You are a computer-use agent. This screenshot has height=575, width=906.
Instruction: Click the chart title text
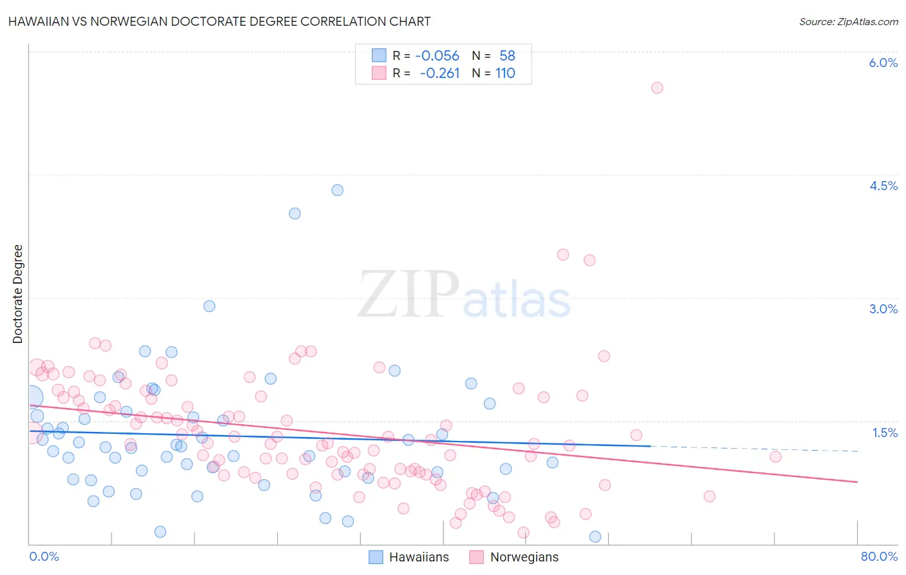coord(219,21)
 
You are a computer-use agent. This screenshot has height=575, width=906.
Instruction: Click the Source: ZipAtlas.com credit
coord(848,21)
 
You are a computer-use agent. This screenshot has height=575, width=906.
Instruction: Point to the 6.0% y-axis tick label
coord(883,63)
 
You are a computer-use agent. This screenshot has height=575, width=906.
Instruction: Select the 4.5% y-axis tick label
coord(883,186)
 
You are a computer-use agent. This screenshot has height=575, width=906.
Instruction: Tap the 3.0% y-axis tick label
coord(883,309)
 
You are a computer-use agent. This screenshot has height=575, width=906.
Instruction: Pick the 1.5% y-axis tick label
coord(885,433)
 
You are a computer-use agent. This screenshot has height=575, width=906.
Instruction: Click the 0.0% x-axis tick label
coord(44,556)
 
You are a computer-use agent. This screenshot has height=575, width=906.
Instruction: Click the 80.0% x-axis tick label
coord(879,556)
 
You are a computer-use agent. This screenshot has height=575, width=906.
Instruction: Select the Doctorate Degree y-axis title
coord(18,294)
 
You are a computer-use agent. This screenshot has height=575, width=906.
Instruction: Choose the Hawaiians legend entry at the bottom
coord(409,557)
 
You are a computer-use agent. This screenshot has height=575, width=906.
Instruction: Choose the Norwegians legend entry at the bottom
coord(514,557)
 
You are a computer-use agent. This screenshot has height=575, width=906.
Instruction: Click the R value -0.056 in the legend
coord(437,56)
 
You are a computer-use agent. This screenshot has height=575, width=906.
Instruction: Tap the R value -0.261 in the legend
coord(439,73)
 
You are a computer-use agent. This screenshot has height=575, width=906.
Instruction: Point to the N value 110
coord(505,73)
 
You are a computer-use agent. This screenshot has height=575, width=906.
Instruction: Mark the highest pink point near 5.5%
coord(657,88)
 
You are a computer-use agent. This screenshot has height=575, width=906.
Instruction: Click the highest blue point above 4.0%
coord(337,190)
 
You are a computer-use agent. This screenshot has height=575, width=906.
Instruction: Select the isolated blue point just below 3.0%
coord(209,306)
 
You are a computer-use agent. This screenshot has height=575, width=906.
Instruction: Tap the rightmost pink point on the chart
coord(775,457)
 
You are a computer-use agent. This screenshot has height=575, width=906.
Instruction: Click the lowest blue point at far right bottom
coord(595,537)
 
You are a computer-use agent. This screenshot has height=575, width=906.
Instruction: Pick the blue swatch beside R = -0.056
coord(379,56)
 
